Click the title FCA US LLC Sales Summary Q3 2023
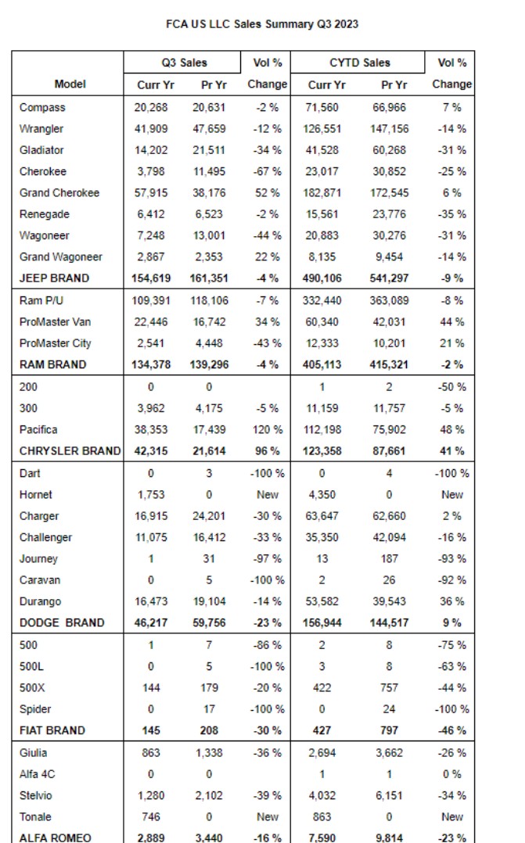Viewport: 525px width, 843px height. point(262,24)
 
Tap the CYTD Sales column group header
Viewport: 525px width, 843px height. point(360,63)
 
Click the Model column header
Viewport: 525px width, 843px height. point(70,84)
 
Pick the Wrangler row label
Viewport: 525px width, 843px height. point(41,128)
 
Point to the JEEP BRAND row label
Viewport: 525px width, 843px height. point(55,278)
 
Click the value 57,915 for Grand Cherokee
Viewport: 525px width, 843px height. point(151,192)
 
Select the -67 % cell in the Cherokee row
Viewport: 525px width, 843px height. point(268,171)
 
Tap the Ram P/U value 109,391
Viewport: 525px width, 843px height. point(151,300)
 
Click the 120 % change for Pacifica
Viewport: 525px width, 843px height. point(268,429)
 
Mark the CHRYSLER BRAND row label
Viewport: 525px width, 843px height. point(70,450)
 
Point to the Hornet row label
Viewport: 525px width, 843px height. point(37,494)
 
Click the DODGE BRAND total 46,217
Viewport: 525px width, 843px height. point(151,622)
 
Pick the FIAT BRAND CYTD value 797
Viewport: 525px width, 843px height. point(388,730)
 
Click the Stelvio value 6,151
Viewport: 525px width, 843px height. point(388,795)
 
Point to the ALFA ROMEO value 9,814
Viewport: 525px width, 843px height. point(388,838)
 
